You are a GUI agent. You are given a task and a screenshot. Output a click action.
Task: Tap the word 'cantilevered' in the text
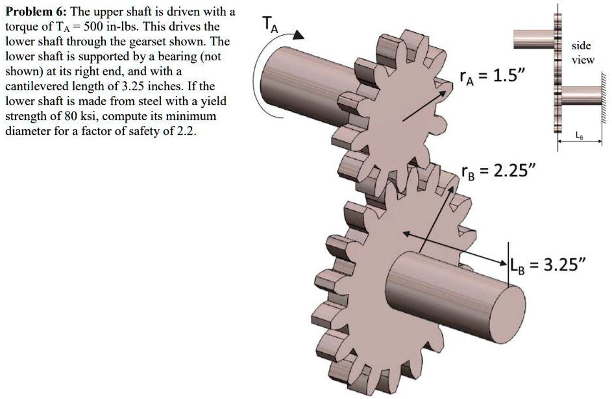pos(34,86)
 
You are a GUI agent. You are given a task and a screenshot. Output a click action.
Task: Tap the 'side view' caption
pos(581,53)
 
